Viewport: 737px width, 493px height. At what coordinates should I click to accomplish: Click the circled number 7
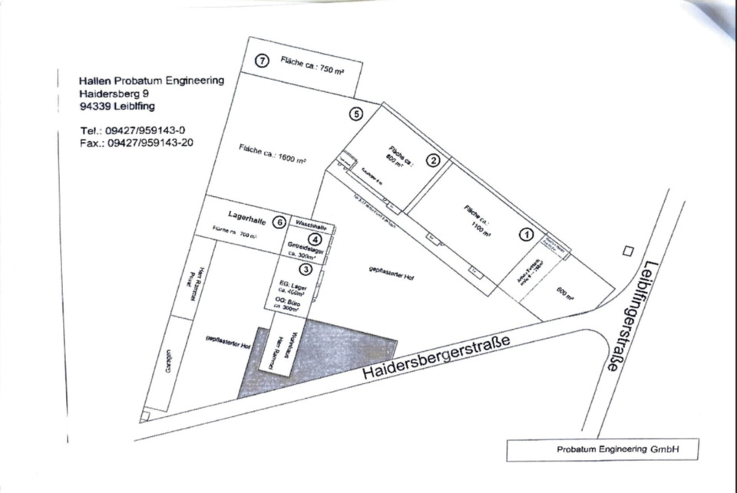click(x=262, y=61)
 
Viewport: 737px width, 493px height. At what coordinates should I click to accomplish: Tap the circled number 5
click(x=355, y=114)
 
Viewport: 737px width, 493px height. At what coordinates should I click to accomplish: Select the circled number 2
click(x=433, y=160)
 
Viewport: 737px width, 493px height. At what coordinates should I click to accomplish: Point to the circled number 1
click(x=527, y=235)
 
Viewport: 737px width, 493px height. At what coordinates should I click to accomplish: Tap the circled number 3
click(x=306, y=268)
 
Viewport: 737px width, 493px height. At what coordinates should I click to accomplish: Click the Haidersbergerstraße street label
click(x=435, y=360)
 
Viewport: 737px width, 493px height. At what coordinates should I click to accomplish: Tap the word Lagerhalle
click(x=247, y=219)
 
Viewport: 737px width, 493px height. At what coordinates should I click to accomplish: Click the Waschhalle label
click(x=312, y=227)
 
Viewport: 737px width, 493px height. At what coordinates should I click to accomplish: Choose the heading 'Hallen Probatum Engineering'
click(x=151, y=81)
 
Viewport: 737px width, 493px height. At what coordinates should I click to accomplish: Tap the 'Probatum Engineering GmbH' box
click(x=603, y=450)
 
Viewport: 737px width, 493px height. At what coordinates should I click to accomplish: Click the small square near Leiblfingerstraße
click(x=629, y=251)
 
